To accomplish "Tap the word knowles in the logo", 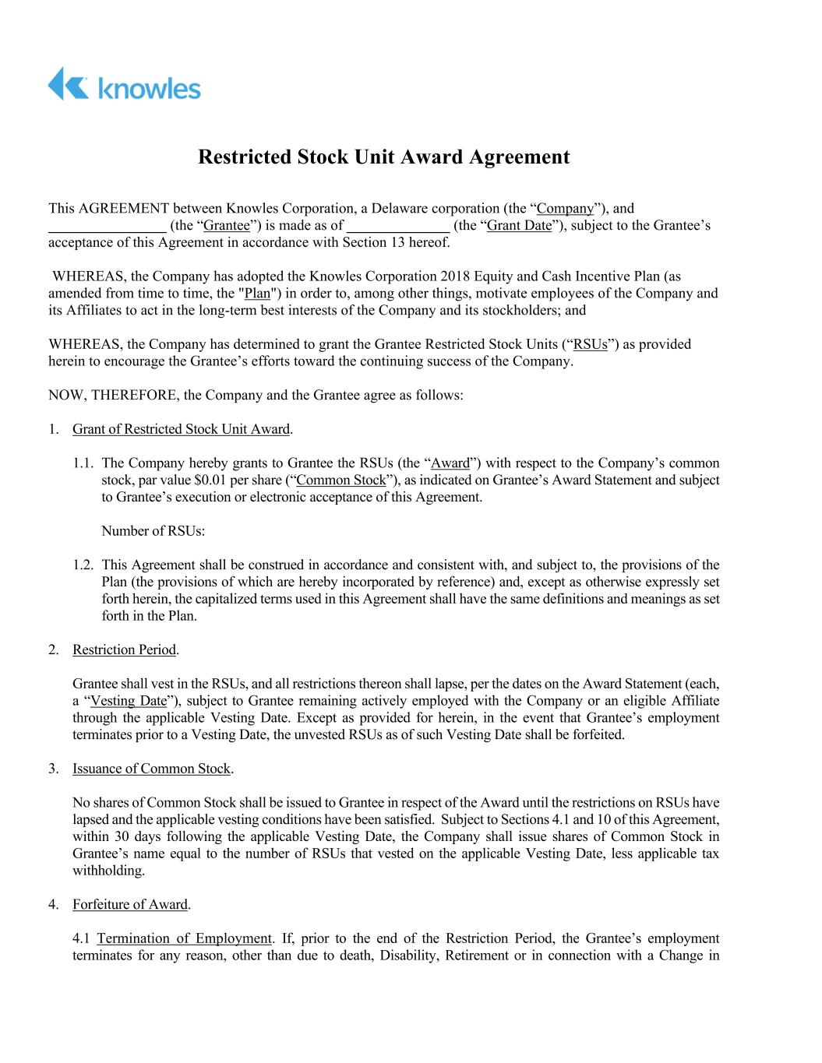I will tap(150, 88).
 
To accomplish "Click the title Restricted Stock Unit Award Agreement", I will tap(383, 157).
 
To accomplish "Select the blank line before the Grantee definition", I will tap(108, 227).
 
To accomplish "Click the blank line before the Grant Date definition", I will tap(398, 227).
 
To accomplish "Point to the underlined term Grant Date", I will tap(518, 226).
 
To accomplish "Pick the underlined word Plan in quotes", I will tap(257, 294).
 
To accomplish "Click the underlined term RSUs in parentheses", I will tap(590, 344).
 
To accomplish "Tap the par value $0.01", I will tap(218, 480).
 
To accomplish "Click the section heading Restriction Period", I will tap(124, 650).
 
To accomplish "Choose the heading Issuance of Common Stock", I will tap(151, 769).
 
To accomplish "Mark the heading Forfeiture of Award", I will tap(130, 905).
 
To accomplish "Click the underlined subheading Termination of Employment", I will tap(184, 938).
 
